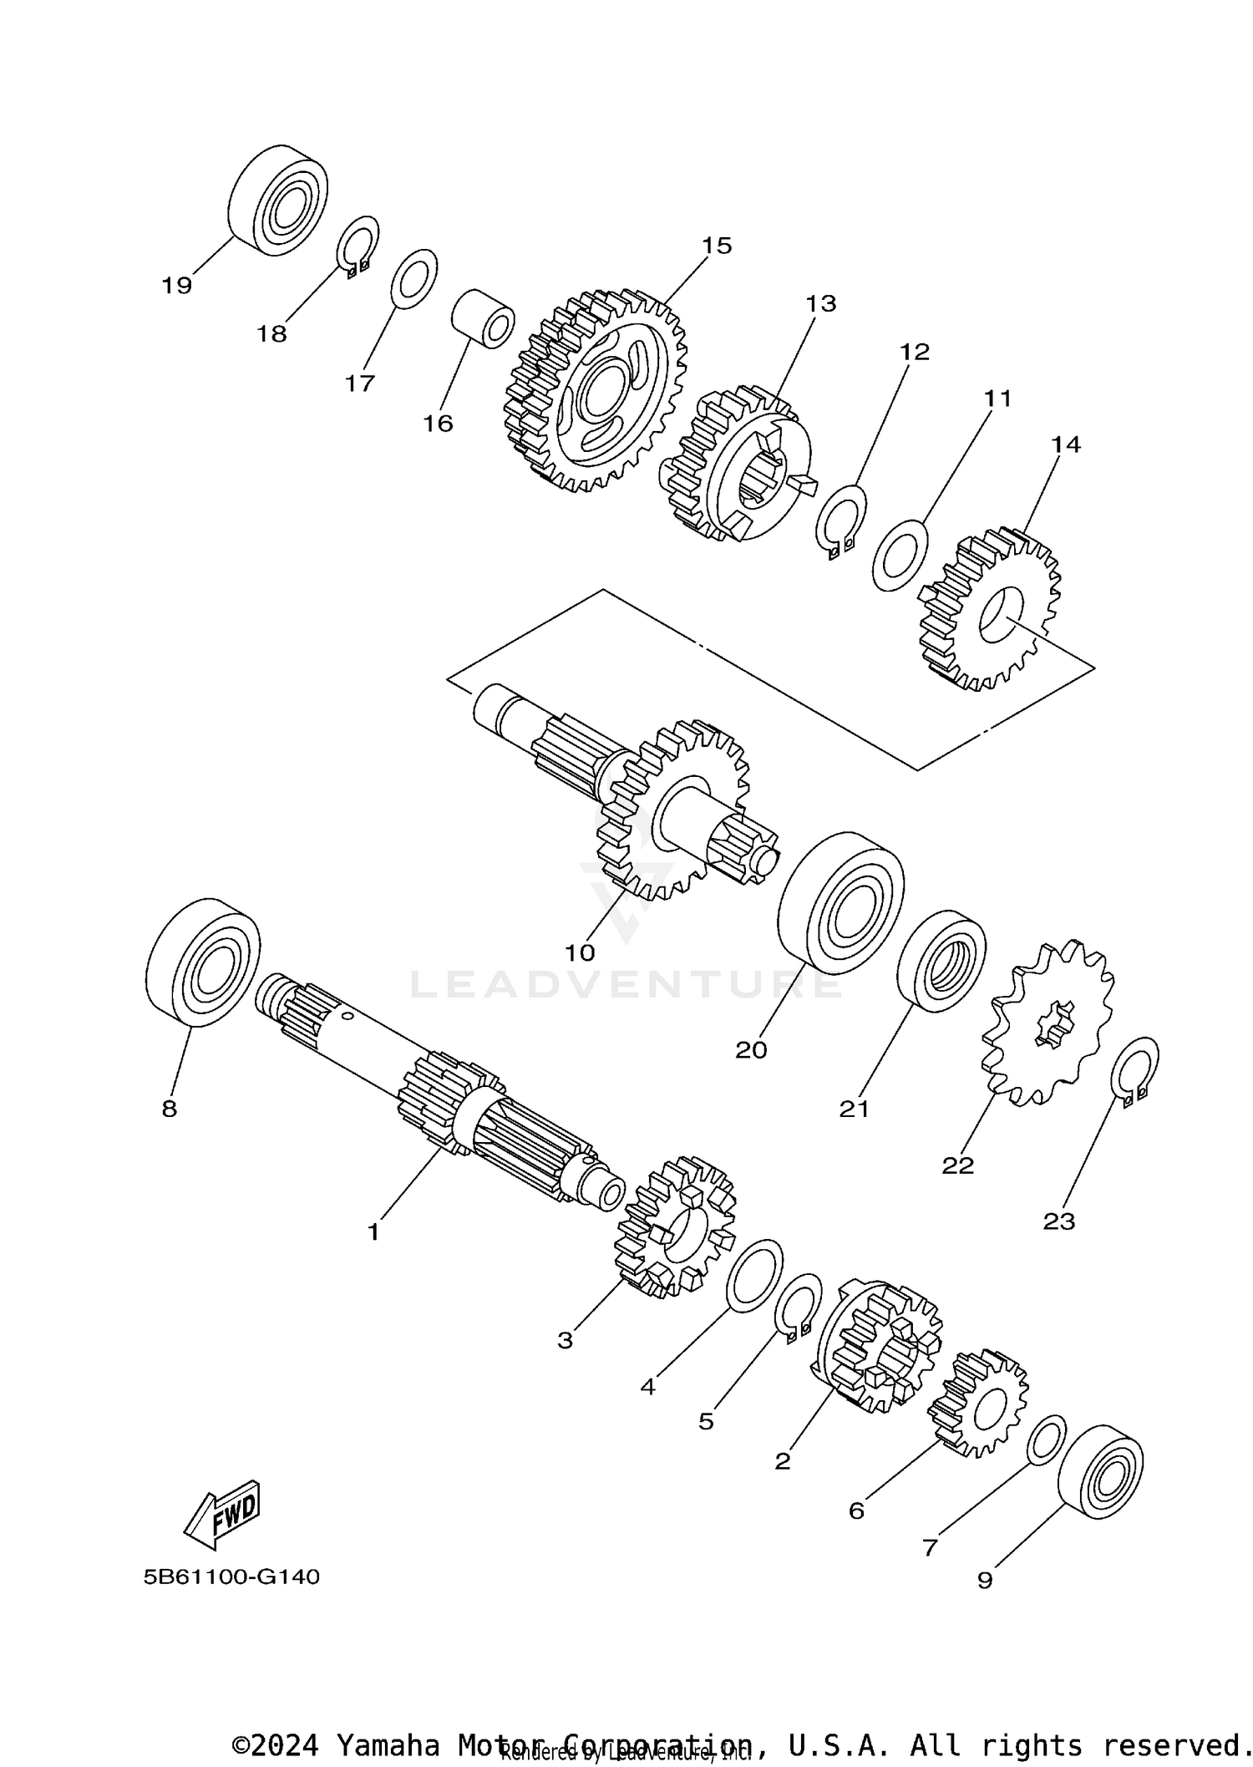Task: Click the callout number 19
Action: [176, 286]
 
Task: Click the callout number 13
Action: [820, 303]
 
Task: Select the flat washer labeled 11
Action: [900, 555]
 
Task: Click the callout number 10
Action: [580, 952]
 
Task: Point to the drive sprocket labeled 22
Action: [1049, 1023]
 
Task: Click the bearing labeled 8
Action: [202, 962]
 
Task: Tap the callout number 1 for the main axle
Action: [373, 1231]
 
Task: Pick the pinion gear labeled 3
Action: [675, 1227]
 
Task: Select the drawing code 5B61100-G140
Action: [231, 1577]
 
